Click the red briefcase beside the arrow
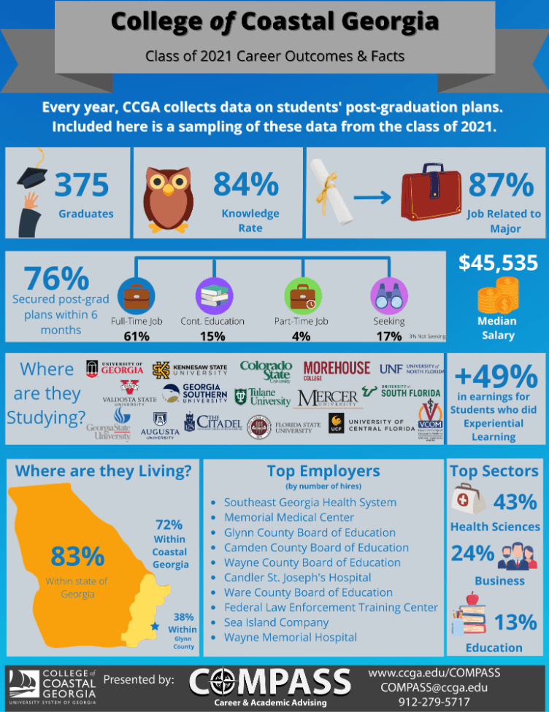click(x=431, y=196)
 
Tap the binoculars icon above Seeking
click(x=388, y=295)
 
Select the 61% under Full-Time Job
click(x=137, y=336)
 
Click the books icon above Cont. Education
click(x=214, y=296)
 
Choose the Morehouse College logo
click(x=337, y=369)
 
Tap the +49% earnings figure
click(x=496, y=377)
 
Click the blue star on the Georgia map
click(x=154, y=626)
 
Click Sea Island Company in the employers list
click(x=276, y=622)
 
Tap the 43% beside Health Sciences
click(x=515, y=502)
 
